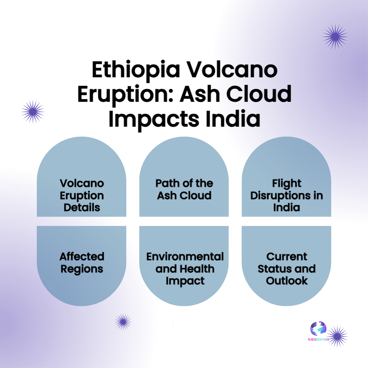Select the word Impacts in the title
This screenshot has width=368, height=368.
tap(154, 119)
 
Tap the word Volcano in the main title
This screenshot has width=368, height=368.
tap(232, 70)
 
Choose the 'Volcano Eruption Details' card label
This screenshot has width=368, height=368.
tap(82, 195)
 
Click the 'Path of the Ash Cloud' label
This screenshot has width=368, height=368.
tap(184, 189)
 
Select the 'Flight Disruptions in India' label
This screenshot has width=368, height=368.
tap(287, 195)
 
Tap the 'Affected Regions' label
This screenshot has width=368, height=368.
tap(82, 263)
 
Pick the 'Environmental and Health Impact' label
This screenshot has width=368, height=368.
tap(185, 269)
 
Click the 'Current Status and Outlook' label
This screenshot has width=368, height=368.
tap(287, 269)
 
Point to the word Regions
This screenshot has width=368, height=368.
tap(82, 269)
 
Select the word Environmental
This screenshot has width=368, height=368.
tap(185, 257)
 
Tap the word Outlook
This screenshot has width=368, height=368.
tap(287, 281)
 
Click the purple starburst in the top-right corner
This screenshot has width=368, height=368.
tap(335, 36)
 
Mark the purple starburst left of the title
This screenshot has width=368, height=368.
tap(33, 112)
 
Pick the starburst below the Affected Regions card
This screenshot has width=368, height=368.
tap(123, 322)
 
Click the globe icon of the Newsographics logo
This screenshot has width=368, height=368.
tap(318, 328)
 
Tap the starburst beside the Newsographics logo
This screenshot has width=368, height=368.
tap(337, 336)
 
